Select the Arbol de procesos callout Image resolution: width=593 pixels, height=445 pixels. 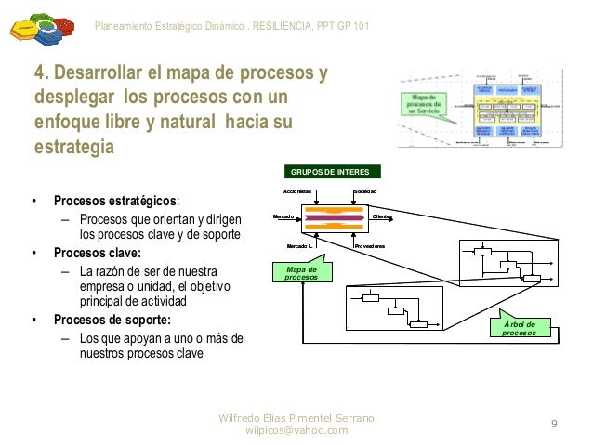(x=519, y=327)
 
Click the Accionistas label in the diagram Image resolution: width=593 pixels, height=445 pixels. (x=297, y=190)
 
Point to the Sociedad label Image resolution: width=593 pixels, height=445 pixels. (x=365, y=190)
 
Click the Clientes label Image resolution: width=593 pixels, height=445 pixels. (x=382, y=216)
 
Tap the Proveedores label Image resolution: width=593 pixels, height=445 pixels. (x=370, y=245)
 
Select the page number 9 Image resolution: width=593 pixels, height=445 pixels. (x=554, y=425)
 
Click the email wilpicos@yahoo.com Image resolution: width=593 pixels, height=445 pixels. (x=296, y=430)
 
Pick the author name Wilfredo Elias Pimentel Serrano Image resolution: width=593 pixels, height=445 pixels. (x=296, y=417)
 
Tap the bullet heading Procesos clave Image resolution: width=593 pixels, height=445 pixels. (x=97, y=253)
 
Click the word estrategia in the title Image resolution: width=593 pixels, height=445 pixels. (x=73, y=148)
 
